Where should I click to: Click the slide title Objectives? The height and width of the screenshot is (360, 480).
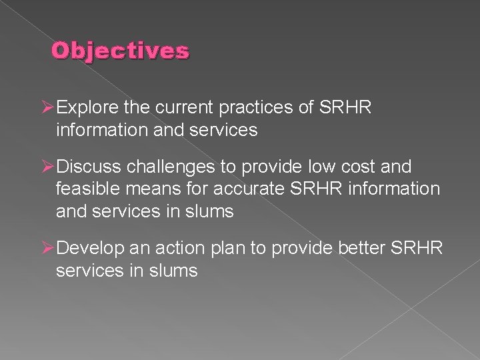(x=121, y=51)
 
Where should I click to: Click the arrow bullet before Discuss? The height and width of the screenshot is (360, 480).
(x=47, y=167)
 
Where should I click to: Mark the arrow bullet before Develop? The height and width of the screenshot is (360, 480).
(x=47, y=248)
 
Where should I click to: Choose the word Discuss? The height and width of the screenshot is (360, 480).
(x=89, y=167)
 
